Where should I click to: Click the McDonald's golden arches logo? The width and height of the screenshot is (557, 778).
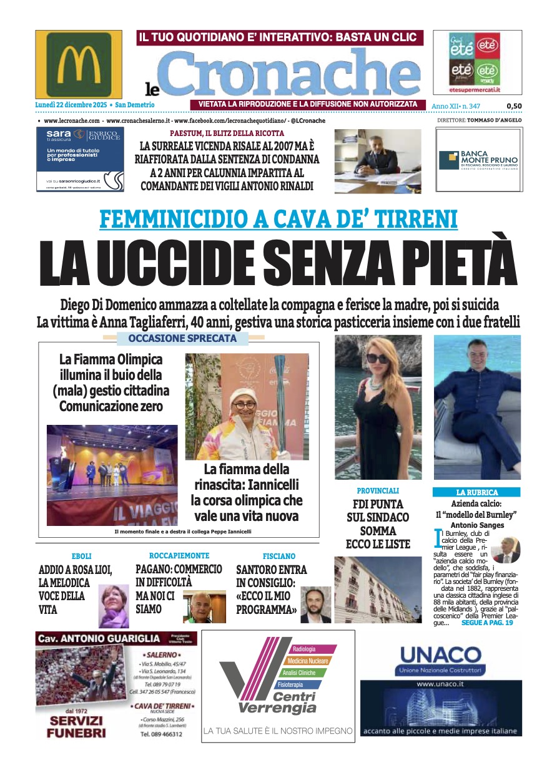tap(78, 64)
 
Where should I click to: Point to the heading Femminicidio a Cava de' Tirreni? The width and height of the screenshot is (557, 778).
tap(278, 219)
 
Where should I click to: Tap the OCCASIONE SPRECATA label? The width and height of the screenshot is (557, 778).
tap(182, 339)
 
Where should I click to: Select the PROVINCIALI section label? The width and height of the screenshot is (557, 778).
tap(378, 491)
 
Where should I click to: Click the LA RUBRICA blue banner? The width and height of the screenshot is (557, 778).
tap(477, 492)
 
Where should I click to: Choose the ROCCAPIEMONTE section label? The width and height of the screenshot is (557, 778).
tap(179, 555)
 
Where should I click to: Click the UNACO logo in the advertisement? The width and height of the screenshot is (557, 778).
tap(440, 656)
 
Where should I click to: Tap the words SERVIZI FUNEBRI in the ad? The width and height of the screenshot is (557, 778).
tap(76, 727)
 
